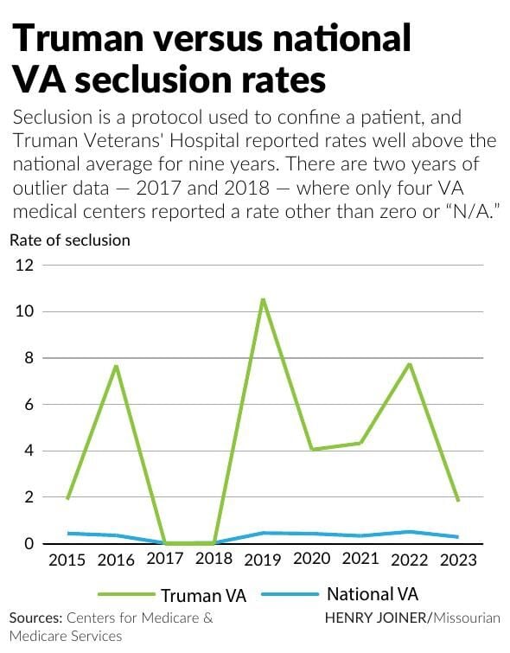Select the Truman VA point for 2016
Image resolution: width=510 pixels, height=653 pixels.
(x=116, y=366)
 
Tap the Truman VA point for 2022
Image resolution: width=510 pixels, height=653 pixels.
(x=408, y=363)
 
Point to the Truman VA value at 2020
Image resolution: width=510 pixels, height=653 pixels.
(x=311, y=450)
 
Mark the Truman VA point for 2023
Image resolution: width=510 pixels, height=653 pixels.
(x=457, y=501)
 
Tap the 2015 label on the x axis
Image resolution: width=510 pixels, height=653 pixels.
(x=67, y=560)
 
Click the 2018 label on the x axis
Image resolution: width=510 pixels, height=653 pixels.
(x=214, y=560)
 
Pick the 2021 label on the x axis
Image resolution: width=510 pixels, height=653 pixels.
(x=360, y=560)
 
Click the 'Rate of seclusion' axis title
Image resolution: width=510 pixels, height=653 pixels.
(x=70, y=240)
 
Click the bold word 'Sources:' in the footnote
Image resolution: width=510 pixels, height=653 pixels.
(x=36, y=618)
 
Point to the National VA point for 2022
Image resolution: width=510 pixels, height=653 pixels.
(x=408, y=532)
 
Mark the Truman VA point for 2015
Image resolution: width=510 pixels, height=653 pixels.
(x=67, y=499)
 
